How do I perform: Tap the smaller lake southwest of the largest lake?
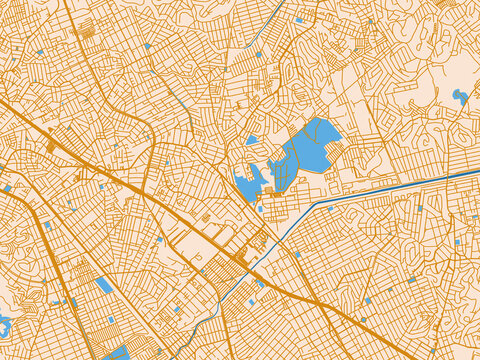tap(247, 185)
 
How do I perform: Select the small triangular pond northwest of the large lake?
tap(252, 140)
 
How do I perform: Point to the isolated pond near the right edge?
tap(460, 97)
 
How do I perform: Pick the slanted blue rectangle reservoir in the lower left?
tap(104, 285)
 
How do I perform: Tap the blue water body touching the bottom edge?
tap(118, 353)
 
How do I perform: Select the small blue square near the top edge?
tap(298, 20)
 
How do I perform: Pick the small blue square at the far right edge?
tap(459, 242)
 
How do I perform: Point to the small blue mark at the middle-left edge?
tap(7, 188)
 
